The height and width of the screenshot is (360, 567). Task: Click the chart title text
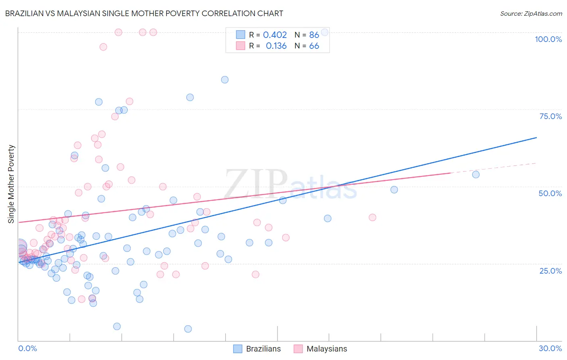click(144, 13)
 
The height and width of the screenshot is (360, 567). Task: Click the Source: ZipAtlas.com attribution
click(531, 13)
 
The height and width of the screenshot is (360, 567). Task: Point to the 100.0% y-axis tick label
click(548, 39)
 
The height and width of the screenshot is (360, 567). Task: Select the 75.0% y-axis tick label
click(550, 116)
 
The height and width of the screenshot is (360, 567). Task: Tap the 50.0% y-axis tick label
click(550, 193)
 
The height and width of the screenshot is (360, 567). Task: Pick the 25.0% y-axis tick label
click(550, 270)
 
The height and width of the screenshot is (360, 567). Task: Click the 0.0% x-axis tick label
click(27, 348)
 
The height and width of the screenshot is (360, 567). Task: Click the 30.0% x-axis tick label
click(550, 348)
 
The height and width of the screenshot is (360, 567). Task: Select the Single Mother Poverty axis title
click(11, 184)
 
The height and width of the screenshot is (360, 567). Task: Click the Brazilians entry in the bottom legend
click(263, 349)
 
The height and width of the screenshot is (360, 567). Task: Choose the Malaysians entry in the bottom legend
click(326, 349)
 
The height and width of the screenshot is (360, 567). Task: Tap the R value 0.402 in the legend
click(275, 35)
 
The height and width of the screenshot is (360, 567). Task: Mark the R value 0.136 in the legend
click(276, 46)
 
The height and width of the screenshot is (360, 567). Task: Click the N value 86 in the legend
click(314, 35)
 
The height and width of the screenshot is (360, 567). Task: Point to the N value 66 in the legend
click(314, 46)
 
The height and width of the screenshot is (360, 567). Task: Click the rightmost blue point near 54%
click(476, 175)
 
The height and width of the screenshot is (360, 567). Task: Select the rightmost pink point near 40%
click(373, 218)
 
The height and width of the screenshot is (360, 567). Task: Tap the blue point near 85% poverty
click(225, 80)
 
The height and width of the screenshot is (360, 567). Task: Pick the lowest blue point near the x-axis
click(188, 329)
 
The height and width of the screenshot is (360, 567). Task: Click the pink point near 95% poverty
click(103, 47)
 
